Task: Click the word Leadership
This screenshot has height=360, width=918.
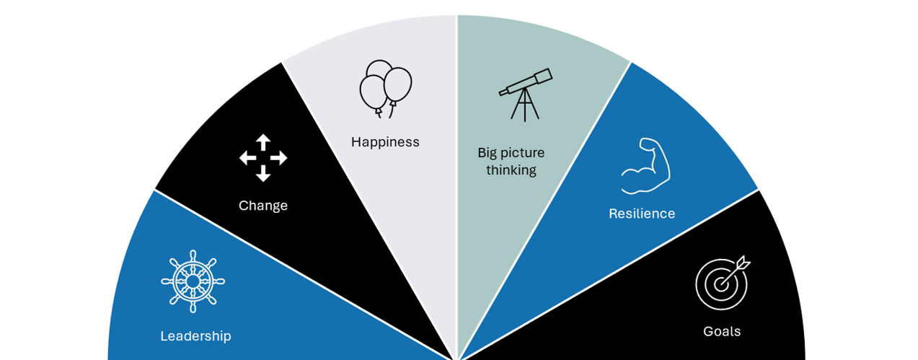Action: click(195, 336)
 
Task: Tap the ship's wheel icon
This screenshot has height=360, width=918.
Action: click(193, 281)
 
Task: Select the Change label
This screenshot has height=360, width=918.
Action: click(263, 206)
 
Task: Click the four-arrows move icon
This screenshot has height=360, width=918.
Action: click(263, 157)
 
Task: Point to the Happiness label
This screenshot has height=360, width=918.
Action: click(385, 142)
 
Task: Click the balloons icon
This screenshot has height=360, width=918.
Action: click(386, 89)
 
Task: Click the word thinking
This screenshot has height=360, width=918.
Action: click(511, 170)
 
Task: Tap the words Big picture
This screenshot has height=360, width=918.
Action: click(511, 153)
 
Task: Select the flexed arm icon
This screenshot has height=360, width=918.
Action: click(646, 166)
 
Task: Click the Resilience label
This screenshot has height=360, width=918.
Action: click(642, 214)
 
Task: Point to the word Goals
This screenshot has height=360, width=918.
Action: click(722, 332)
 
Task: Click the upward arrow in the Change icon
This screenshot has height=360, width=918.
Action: click(263, 141)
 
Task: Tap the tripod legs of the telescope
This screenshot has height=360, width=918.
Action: click(525, 107)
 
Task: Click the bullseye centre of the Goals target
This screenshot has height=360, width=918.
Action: click(720, 285)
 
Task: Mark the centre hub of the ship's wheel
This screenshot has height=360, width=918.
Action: click(193, 281)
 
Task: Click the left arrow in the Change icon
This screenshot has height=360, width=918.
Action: click(247, 157)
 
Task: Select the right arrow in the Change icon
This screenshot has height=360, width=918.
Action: click(280, 157)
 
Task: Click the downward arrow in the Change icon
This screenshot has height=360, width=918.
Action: click(263, 174)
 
